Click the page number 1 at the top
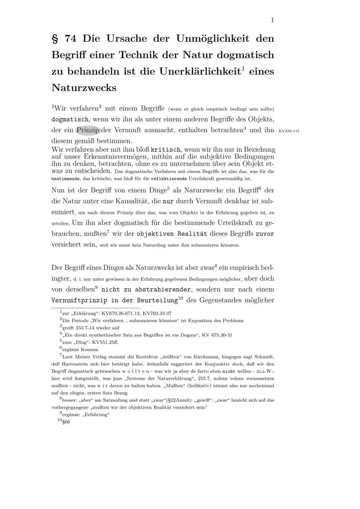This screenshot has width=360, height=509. [x=273, y=20]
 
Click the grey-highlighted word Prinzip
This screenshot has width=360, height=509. [x=88, y=131]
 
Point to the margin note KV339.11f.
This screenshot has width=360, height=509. [x=290, y=132]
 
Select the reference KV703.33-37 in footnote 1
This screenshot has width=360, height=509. [x=156, y=314]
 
